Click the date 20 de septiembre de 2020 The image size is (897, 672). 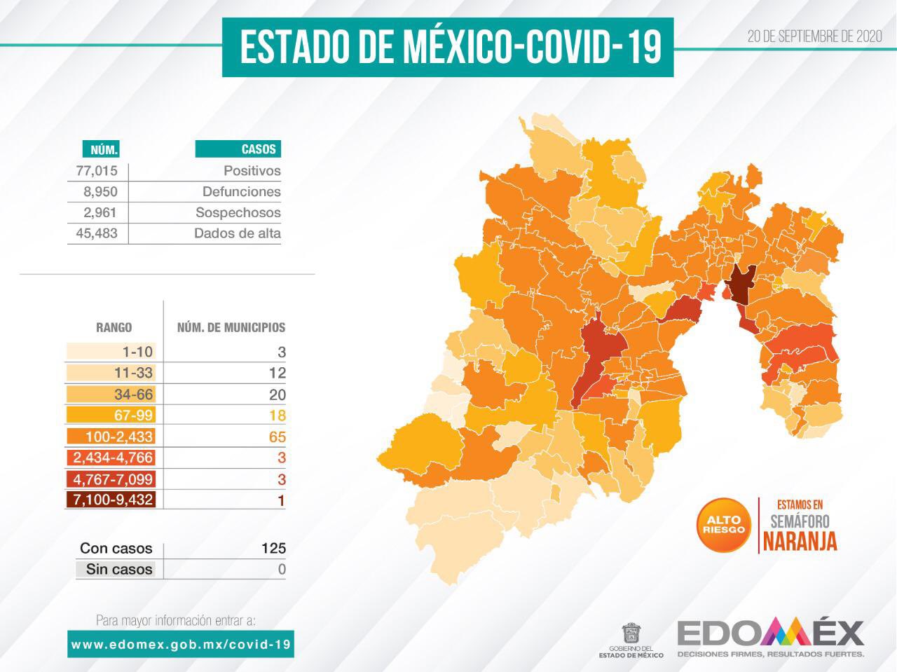point(814,37)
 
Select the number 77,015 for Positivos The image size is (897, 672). point(97,171)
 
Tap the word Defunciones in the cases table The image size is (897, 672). point(241,192)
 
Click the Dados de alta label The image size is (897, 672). point(237,234)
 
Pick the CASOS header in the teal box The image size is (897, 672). point(238,149)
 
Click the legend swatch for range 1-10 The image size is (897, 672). point(111,352)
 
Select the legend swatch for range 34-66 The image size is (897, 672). point(111,394)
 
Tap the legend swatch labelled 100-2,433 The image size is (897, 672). point(111,437)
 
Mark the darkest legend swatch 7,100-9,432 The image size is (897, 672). point(111,500)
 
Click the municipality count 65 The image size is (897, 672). point(277,437)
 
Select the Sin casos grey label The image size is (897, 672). point(119,570)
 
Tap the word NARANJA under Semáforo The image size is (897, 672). point(800,541)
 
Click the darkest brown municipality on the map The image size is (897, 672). point(738,287)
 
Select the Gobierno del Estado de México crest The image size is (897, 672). point(631,633)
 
